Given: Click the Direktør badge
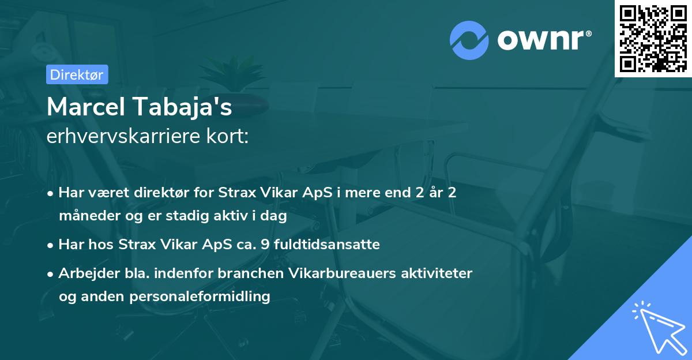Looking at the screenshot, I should [77, 74].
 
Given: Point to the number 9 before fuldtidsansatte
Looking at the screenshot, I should [265, 245].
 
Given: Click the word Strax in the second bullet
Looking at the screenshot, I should [136, 245].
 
